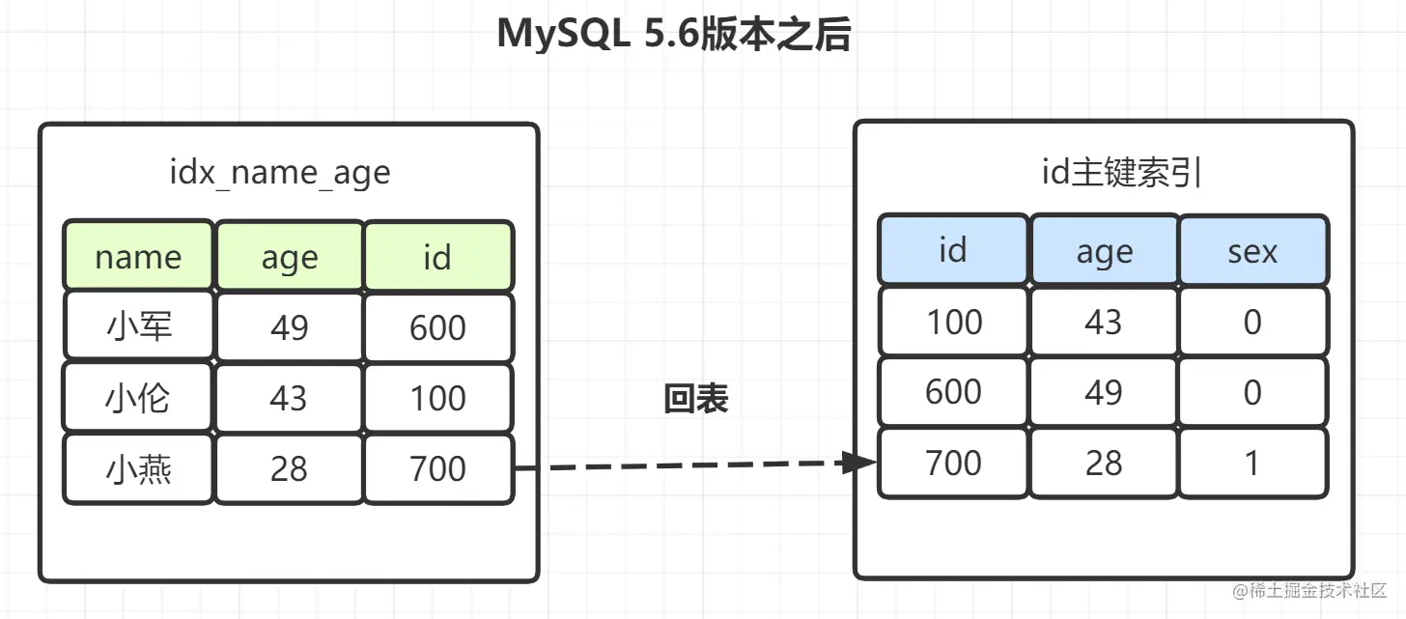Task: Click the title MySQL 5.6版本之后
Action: coord(673,34)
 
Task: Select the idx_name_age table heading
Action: coord(280,173)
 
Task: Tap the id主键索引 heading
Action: coord(1121,172)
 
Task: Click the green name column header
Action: coord(138,256)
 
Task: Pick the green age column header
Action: coord(290,256)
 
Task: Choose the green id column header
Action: coord(438,256)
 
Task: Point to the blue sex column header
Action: coord(1252,250)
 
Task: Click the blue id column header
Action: coord(953,250)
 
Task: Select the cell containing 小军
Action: coord(138,326)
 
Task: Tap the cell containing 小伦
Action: coord(138,398)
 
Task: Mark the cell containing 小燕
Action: coord(138,468)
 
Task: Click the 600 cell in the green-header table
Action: coord(438,326)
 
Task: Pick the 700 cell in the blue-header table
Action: coord(953,463)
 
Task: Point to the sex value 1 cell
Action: coord(1252,463)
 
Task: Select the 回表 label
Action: coord(696,399)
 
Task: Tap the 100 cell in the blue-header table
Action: coord(953,322)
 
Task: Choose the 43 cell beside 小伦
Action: coord(290,398)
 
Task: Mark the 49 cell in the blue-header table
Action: coord(1104,392)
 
